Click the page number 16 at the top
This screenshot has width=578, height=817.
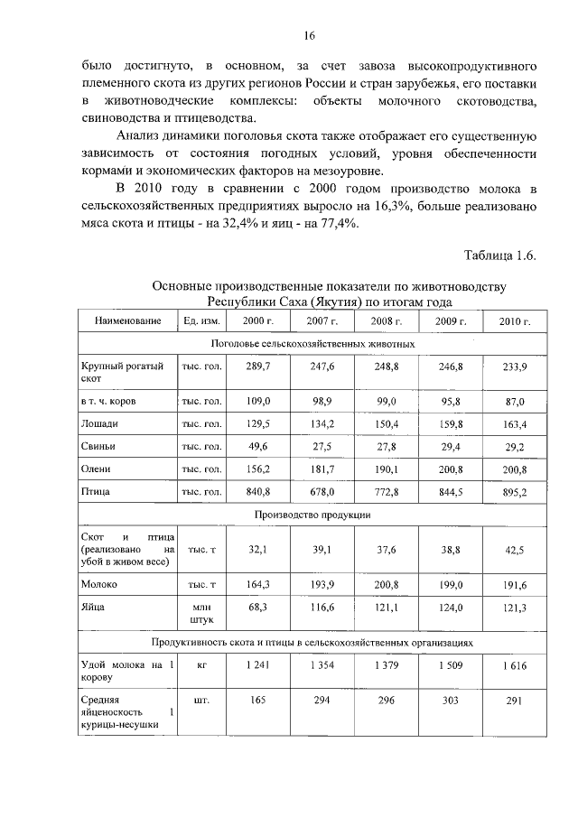point(310,36)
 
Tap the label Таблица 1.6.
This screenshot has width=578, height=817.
point(500,255)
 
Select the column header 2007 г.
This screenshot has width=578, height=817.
point(320,321)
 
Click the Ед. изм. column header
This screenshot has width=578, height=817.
point(202,321)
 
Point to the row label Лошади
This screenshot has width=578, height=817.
point(99,423)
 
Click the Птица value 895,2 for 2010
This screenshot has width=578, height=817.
point(510,492)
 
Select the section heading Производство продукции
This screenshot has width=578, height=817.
point(312,514)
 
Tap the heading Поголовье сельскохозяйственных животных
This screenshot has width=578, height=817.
point(312,344)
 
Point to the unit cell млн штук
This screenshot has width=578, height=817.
point(202,615)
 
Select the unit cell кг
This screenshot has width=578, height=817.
point(202,664)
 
